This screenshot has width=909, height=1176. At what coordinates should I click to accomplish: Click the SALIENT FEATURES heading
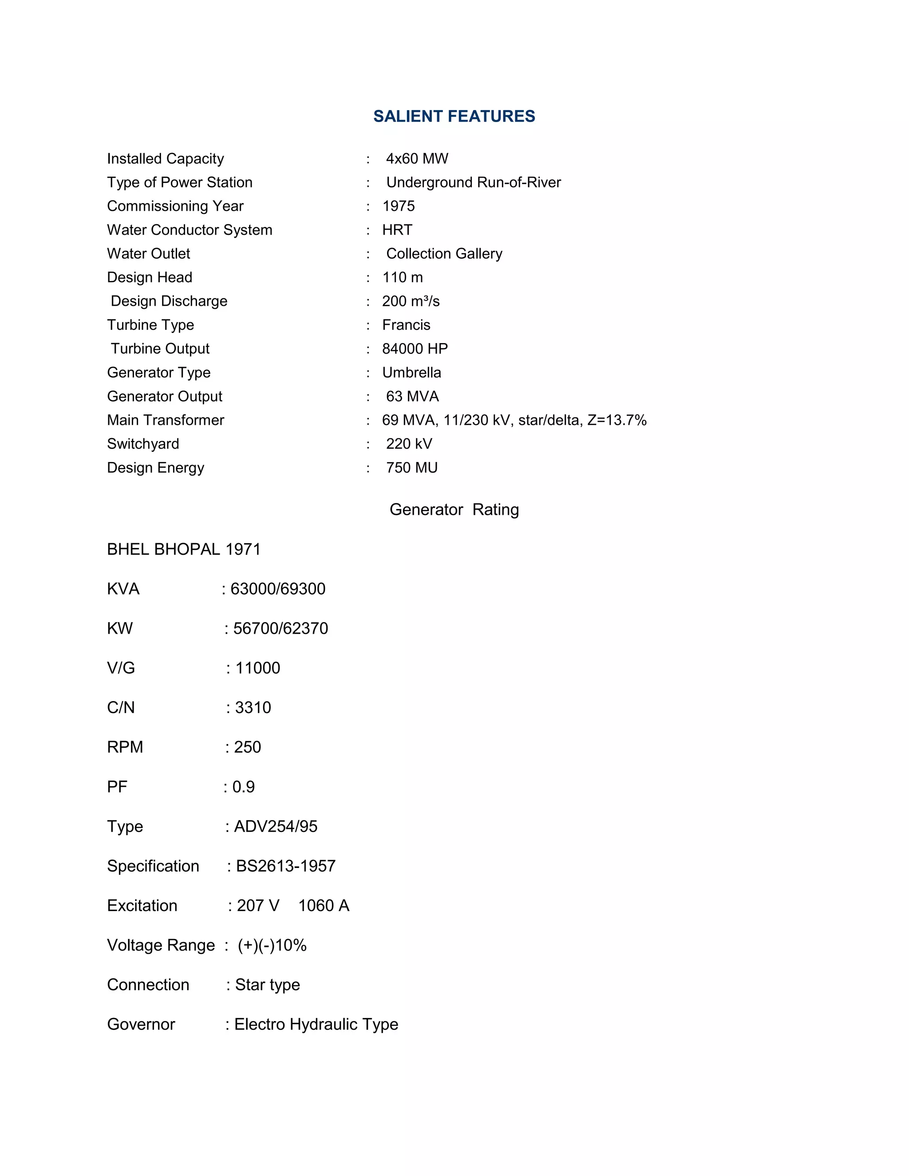pos(454,116)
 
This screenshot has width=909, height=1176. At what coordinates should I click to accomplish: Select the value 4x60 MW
pos(417,159)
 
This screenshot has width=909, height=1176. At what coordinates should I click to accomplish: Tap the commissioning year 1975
pos(399,206)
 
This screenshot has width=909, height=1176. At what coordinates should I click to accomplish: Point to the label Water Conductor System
pos(190,230)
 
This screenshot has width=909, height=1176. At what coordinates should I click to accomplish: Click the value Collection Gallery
pos(444,253)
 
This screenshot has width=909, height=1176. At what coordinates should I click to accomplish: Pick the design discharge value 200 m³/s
pos(411,301)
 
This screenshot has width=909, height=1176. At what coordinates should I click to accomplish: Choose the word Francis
pos(406,325)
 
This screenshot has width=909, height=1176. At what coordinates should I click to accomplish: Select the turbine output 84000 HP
pos(415,349)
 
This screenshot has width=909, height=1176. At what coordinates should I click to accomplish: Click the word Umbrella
pos(411,373)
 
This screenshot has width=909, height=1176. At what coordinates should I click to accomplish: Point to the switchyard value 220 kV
pos(409,444)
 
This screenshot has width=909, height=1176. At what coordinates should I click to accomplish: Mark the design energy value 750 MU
pos(411,467)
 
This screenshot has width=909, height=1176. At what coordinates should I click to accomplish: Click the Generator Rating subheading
pos(454,509)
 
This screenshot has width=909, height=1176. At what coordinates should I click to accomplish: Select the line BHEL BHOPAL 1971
pos(184,549)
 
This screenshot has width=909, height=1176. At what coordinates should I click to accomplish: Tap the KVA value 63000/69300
pos(278,589)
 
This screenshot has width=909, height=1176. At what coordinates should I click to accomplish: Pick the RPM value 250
pos(247,747)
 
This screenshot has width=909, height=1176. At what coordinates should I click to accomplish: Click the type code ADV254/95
pos(276,827)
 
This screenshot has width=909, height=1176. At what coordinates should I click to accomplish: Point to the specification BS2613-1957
pos(285,866)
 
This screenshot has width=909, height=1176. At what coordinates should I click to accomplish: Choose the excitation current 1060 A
pos(324,906)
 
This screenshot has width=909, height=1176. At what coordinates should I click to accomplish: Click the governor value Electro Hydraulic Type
pos(316,1024)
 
